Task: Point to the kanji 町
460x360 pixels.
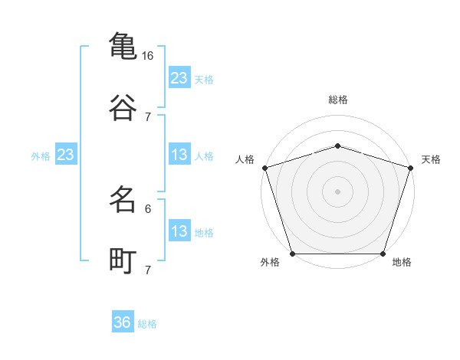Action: (x=123, y=260)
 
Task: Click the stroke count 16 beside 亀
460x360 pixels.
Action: (x=148, y=56)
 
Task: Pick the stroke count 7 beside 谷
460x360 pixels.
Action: (x=148, y=116)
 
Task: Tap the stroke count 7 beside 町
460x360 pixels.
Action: (x=148, y=270)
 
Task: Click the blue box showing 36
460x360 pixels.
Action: (x=123, y=322)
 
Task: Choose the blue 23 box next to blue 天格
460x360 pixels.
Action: (x=179, y=78)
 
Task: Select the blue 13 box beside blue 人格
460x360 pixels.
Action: (x=179, y=155)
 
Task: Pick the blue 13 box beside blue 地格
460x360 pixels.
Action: (x=179, y=232)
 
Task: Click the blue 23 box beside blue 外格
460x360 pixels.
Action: (x=66, y=155)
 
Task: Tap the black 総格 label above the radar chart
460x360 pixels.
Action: (x=338, y=100)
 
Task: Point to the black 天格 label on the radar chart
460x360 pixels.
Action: (x=431, y=159)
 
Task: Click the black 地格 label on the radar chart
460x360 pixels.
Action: (x=402, y=263)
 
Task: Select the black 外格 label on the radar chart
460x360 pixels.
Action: (x=270, y=263)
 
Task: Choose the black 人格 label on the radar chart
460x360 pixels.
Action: (x=245, y=159)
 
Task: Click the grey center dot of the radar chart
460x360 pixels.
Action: (x=337, y=191)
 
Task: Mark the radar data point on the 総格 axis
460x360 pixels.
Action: (x=337, y=146)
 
